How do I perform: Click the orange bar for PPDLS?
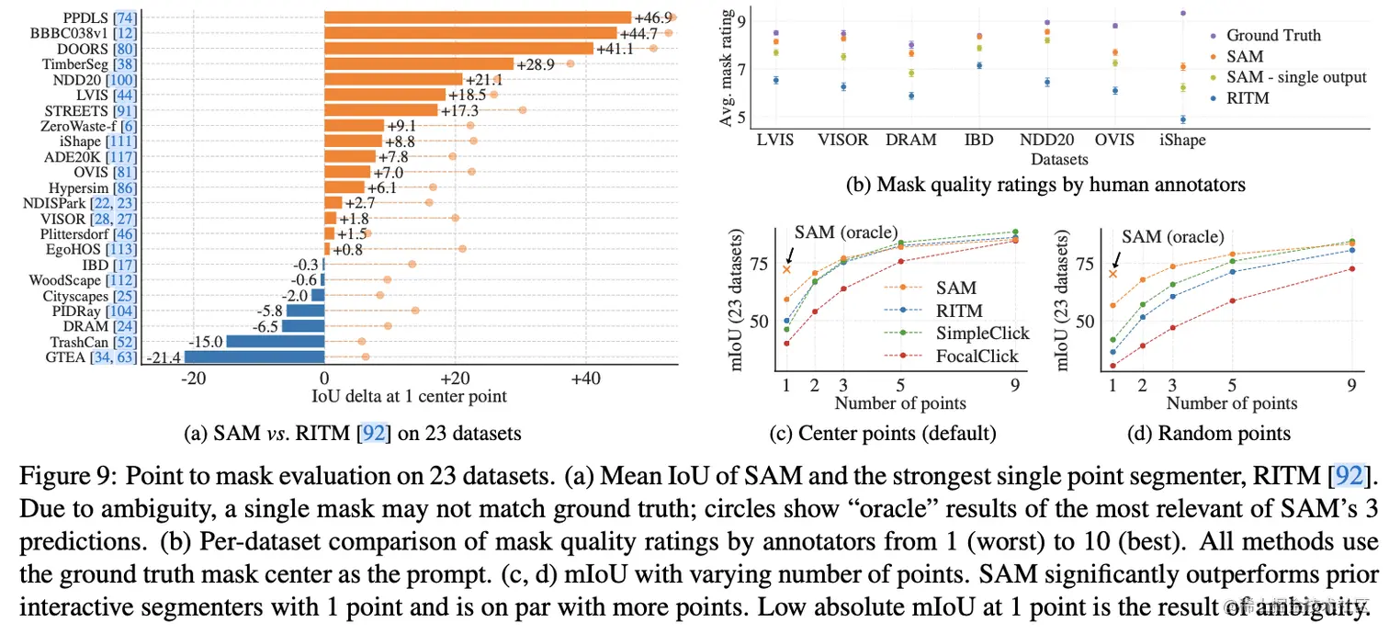477,17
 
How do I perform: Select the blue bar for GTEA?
254,357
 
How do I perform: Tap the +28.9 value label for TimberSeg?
534,63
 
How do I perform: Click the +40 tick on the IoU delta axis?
585,379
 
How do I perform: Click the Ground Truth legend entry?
1273,35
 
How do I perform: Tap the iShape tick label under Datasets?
1182,140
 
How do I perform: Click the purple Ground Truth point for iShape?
1183,13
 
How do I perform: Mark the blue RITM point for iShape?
1183,119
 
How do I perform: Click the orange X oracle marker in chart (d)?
1113,273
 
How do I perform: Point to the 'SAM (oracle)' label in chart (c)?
845,232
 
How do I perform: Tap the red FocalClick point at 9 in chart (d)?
1350,268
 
